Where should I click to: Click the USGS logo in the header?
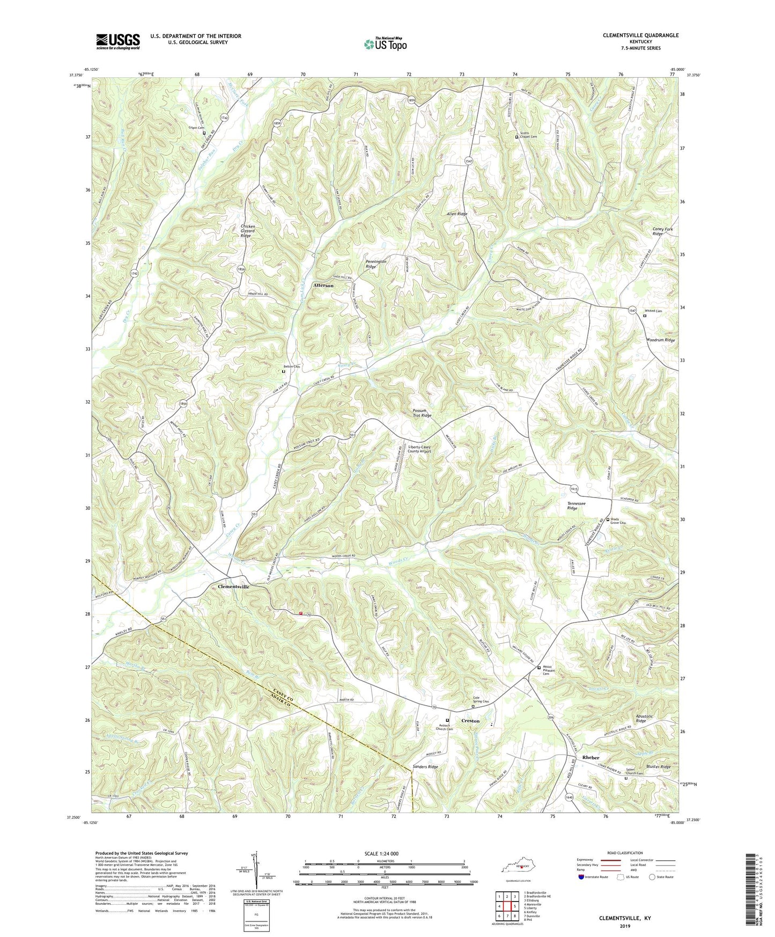click(118, 41)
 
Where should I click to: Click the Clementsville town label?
click(233, 587)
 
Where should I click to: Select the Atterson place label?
click(323, 286)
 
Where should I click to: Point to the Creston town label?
click(470, 721)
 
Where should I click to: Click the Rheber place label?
click(591, 757)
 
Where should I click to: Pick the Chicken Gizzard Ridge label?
click(248, 231)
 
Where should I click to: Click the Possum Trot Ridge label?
click(422, 413)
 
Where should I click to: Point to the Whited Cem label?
click(653, 311)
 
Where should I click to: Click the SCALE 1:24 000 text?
click(384, 854)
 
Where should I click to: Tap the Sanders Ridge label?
click(425, 767)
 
